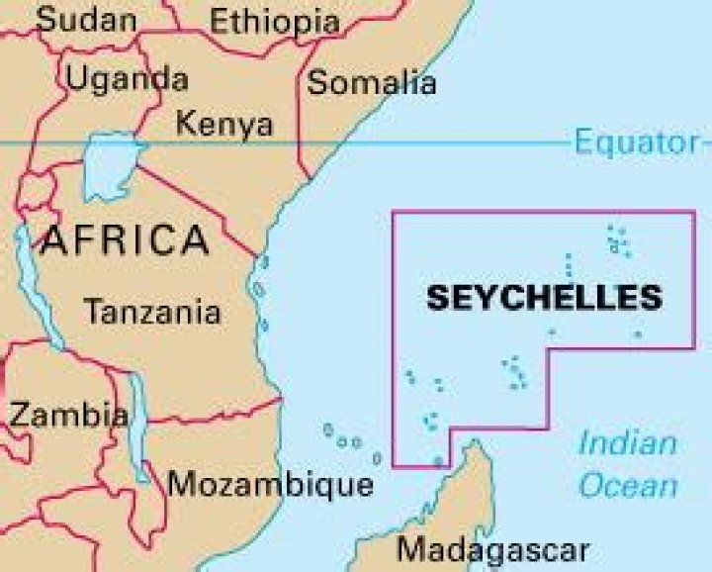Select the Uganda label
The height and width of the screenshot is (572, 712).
[126, 78]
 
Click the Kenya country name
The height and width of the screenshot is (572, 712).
[223, 125]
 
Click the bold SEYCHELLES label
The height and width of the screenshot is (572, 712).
[544, 297]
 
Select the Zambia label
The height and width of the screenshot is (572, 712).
[68, 414]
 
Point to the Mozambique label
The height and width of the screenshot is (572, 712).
[270, 485]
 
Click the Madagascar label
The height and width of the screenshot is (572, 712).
[492, 549]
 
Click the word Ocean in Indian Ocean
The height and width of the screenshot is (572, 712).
[628, 486]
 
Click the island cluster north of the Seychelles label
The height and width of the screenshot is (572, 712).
[618, 240]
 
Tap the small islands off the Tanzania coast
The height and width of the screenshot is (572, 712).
[260, 292]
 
